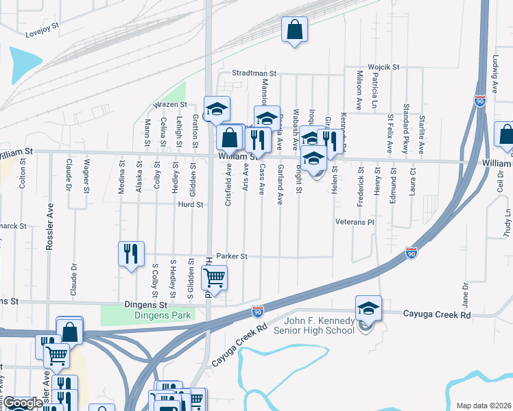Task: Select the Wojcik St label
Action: pos(383,66)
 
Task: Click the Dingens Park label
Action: pos(147,316)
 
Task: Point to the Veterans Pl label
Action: pos(353,223)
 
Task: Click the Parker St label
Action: pos(231,256)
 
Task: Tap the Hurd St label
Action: pos(191,204)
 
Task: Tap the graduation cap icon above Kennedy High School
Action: pos(368,308)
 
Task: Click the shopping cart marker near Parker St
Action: pos(214,278)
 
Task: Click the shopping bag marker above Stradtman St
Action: pos(294,29)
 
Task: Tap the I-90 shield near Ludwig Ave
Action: pos(480,101)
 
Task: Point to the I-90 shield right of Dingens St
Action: pos(258,312)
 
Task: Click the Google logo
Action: pos(23,403)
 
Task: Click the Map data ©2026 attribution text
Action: pos(483,406)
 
